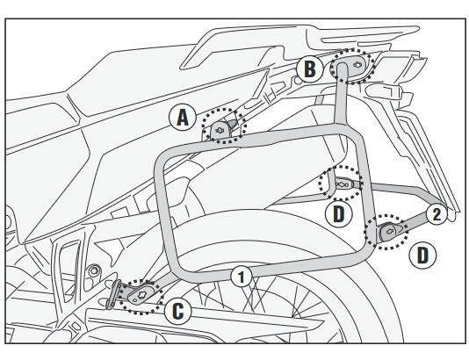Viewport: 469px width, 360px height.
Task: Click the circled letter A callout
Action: coord(183,118)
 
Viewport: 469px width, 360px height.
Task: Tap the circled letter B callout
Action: coord(310,69)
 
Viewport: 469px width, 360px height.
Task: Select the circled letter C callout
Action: coord(178,311)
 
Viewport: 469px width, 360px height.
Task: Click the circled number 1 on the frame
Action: coord(242,277)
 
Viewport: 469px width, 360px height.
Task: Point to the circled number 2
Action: coord(437,214)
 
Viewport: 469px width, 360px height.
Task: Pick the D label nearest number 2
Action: coord(422,256)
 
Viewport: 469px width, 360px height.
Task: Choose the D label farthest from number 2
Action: coord(339,214)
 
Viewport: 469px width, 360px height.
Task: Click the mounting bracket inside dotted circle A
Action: coord(221,130)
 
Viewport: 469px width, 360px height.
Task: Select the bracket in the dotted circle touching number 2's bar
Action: coord(390,231)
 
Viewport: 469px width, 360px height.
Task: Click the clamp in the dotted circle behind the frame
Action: coord(344,184)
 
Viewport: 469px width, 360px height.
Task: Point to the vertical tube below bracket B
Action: coord(341,98)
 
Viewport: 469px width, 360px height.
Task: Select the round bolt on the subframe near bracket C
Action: coord(95,270)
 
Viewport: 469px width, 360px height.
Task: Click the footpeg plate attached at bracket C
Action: coord(112,294)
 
